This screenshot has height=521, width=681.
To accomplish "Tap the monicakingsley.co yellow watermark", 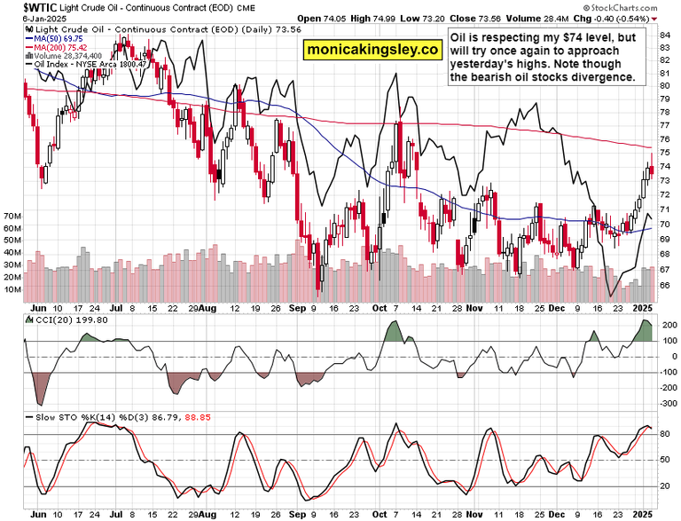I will (x=373, y=51).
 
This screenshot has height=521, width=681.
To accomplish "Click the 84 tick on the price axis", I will (x=663, y=33).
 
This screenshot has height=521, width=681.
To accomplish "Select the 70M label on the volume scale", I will (x=12, y=216).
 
